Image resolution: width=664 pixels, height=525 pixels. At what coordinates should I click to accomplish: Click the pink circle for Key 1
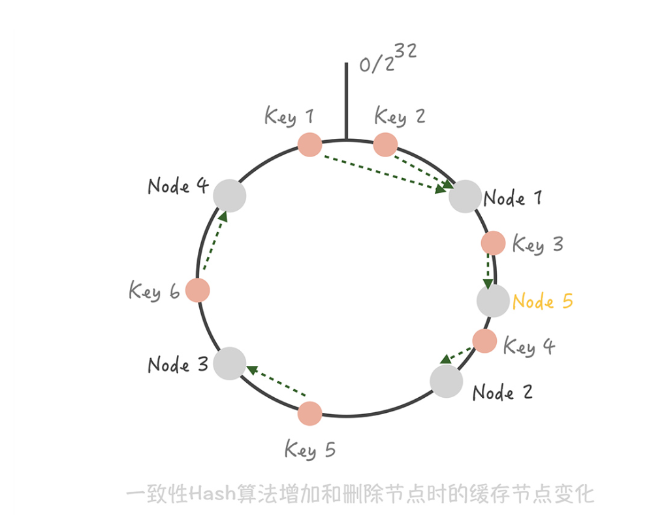coord(310,145)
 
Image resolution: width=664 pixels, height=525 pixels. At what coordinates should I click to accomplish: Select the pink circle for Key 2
coord(385,145)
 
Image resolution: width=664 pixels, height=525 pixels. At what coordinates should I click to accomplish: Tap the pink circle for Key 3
coord(494,243)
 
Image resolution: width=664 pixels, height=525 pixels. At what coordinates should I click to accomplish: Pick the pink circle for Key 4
coord(484,341)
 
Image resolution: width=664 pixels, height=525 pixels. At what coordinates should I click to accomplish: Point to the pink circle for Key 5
coord(309,413)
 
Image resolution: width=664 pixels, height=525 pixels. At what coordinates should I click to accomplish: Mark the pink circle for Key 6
coord(198,290)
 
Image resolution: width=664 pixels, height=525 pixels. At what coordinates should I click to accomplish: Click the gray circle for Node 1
coord(465,196)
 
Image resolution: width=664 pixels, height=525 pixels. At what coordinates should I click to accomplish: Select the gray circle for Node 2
coord(447,381)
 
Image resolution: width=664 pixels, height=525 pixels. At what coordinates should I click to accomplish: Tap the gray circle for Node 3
coord(230,363)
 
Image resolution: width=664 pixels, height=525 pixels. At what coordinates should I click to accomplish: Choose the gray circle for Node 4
coord(230,196)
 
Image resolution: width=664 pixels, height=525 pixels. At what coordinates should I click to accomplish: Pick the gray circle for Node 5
coord(493,301)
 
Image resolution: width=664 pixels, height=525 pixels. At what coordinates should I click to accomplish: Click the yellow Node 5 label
coord(543,301)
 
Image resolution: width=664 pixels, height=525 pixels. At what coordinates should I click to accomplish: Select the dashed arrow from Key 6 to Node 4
coord(215,240)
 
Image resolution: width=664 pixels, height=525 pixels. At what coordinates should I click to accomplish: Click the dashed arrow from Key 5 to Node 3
coord(276,381)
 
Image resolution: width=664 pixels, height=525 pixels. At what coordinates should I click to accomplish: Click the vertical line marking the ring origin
coord(346,101)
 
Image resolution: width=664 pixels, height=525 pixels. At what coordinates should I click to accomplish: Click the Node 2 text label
coord(502,393)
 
